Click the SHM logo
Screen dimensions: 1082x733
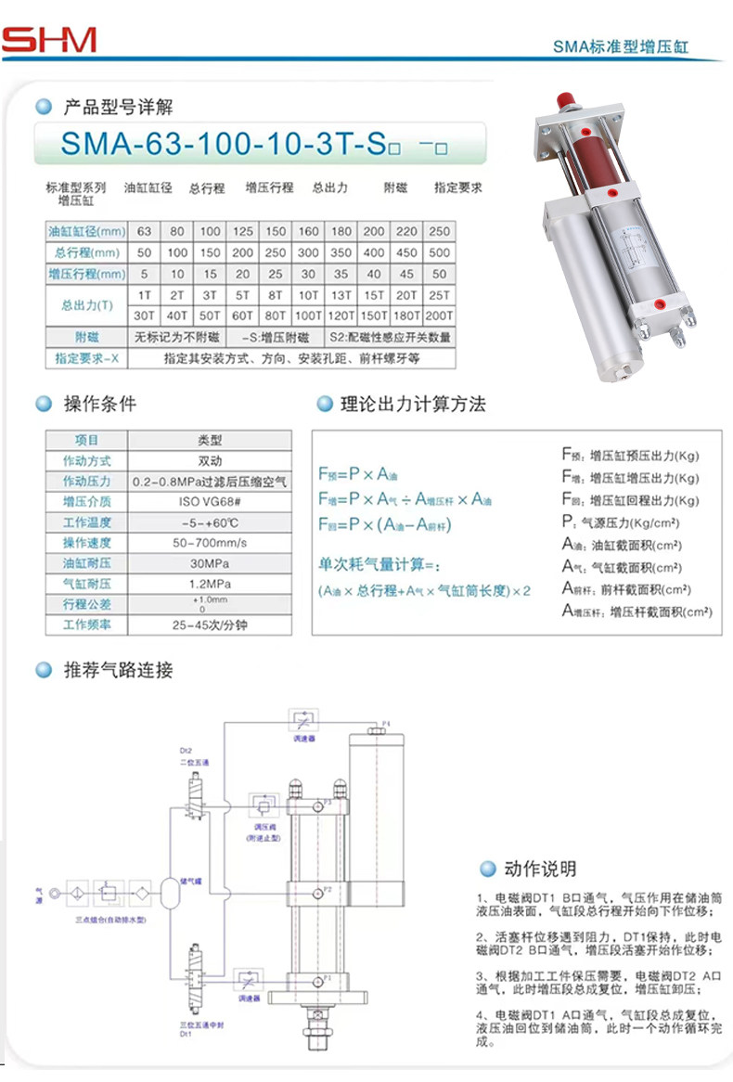(x=48, y=40)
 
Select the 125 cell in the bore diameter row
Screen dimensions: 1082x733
(x=242, y=231)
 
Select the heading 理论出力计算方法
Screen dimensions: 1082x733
(x=413, y=405)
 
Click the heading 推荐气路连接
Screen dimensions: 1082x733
(x=117, y=670)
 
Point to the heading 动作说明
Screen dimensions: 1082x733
(x=540, y=869)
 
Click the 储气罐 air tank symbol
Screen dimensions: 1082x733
(x=170, y=893)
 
